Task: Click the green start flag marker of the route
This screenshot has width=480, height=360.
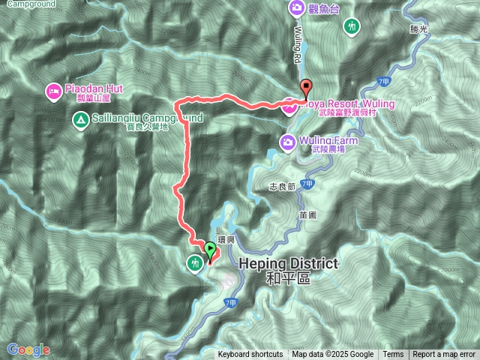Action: coord(209,249)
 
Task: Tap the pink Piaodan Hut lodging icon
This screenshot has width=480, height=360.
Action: coord(54,92)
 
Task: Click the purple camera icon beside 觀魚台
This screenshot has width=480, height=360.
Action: coord(297,8)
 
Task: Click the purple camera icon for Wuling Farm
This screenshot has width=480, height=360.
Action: coord(287,141)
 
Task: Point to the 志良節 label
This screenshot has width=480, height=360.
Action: coord(282,186)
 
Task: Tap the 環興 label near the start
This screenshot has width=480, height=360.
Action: coord(226,239)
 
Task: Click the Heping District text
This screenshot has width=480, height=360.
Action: coord(289,264)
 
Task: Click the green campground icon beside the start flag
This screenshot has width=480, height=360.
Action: coord(195,262)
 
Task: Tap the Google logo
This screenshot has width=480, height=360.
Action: coord(28,349)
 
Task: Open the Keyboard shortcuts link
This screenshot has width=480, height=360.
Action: coord(250,355)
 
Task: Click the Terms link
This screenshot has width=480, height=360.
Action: coord(393,355)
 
